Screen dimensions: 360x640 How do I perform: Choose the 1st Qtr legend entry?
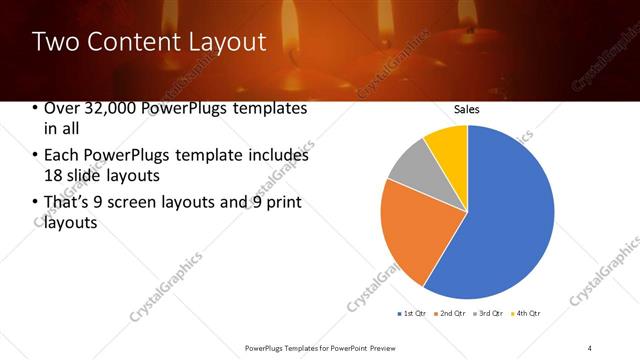[414, 314]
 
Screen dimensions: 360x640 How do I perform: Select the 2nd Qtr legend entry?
[452, 314]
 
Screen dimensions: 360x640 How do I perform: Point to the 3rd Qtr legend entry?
[490, 314]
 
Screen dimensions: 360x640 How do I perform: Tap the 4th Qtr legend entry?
[527, 314]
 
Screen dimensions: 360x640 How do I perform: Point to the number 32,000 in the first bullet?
[109, 109]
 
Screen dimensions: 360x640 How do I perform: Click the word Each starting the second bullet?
[62, 155]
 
